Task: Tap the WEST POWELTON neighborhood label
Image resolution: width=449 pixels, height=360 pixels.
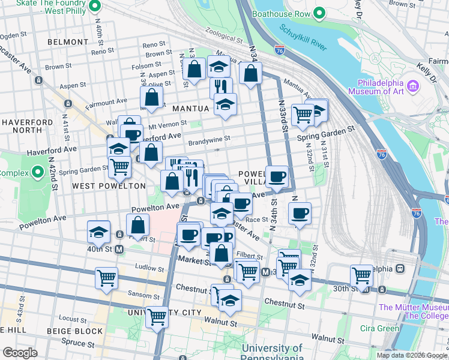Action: click(109, 186)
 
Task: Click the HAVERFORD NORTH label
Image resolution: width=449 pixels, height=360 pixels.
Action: click(26, 126)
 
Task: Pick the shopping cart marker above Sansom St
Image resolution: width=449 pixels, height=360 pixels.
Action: click(106, 278)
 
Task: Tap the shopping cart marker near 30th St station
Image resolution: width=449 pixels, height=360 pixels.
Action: click(362, 275)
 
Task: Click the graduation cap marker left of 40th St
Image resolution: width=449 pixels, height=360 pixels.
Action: click(98, 232)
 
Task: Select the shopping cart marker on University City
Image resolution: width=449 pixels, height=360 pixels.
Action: click(157, 316)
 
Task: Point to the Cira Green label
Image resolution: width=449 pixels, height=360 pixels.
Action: click(379, 328)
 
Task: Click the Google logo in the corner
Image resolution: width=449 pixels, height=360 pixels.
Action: click(20, 352)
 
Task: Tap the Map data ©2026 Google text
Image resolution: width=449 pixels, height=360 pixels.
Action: click(412, 355)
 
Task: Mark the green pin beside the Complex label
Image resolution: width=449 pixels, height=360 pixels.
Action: click(38, 174)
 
